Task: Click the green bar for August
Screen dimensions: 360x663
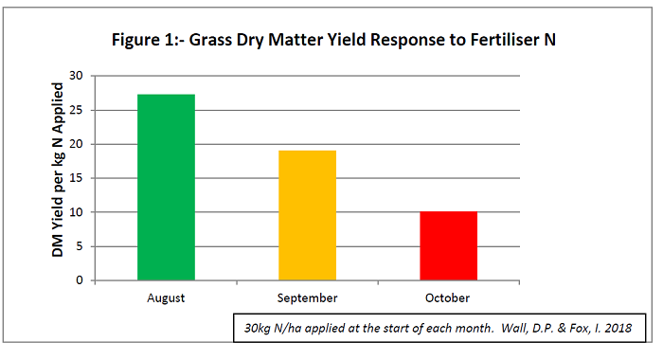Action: (166, 188)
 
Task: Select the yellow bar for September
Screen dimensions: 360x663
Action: (307, 215)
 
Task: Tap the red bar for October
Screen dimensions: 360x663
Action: (448, 246)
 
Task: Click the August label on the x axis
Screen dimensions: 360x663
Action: (166, 297)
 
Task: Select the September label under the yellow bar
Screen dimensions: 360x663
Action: (307, 297)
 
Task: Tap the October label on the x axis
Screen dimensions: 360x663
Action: (448, 297)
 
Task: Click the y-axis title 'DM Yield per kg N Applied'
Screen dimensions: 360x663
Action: (43, 177)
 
